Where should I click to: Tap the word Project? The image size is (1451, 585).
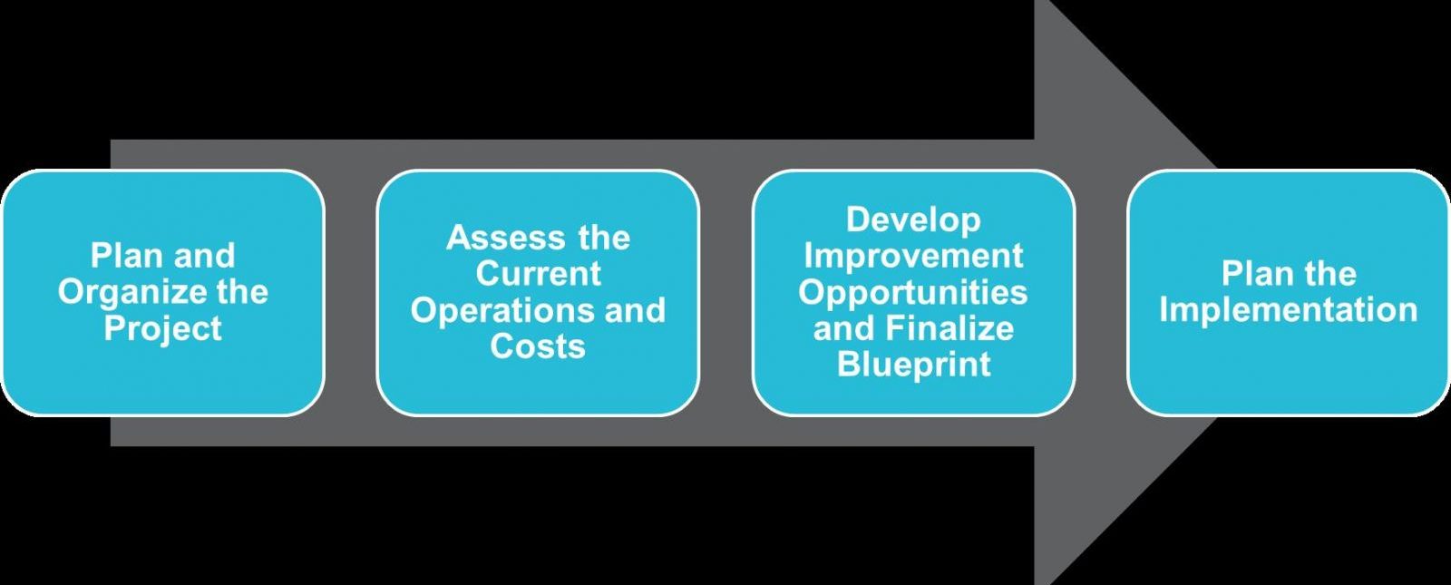point(162,327)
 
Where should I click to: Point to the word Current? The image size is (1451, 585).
point(539,273)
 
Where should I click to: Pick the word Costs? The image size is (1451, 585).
point(538,346)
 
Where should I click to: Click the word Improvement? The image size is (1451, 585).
point(913,256)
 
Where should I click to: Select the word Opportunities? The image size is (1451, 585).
point(912,293)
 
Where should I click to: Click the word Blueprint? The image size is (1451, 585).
point(914,364)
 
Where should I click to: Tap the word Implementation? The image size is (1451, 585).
point(1289,310)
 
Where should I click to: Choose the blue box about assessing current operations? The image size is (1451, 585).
point(538,293)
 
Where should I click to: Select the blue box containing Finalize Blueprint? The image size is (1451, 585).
point(913,293)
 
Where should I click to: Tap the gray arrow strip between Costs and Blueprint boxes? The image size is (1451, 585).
point(726,293)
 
